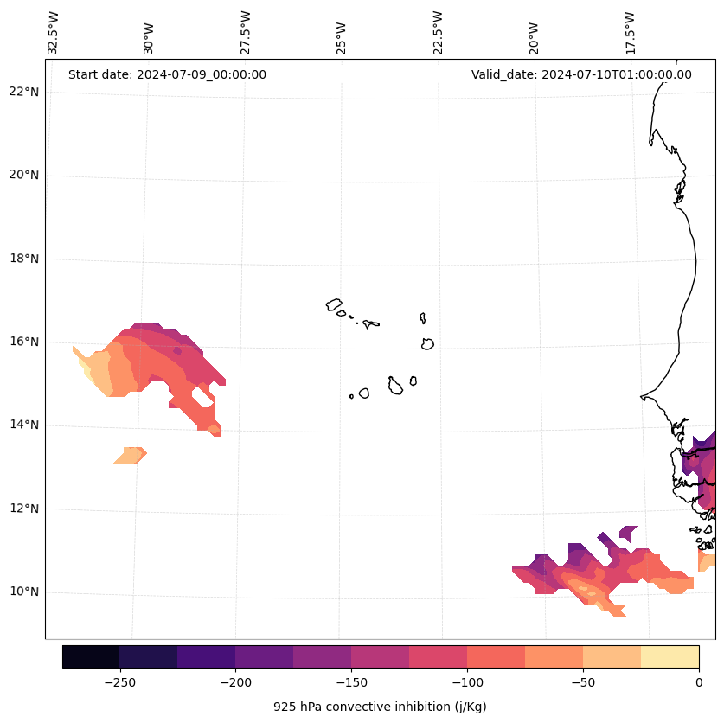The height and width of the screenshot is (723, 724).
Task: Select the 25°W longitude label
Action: pos(342,34)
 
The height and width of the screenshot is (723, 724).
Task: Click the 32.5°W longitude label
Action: pos(54,32)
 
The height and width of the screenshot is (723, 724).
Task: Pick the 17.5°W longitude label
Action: pos(631,32)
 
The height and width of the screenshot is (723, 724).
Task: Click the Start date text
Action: pos(167,74)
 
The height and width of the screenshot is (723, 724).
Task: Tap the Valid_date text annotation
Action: pos(581,74)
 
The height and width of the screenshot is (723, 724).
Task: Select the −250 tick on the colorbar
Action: pos(119,682)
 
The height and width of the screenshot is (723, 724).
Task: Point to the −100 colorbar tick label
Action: pos(467,682)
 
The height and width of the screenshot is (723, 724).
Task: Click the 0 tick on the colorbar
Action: pos(698,682)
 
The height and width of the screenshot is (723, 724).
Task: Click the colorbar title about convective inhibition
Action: pos(380,707)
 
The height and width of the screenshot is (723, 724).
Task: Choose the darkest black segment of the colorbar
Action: pos(91,656)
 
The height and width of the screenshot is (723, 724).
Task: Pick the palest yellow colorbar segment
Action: pos(670,656)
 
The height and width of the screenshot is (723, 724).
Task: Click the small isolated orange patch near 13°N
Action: pos(130,456)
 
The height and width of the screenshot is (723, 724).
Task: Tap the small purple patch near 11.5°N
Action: pos(628,533)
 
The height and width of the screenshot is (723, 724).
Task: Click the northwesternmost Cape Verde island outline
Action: pos(334,304)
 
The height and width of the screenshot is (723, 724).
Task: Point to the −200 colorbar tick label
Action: pos(235,682)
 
